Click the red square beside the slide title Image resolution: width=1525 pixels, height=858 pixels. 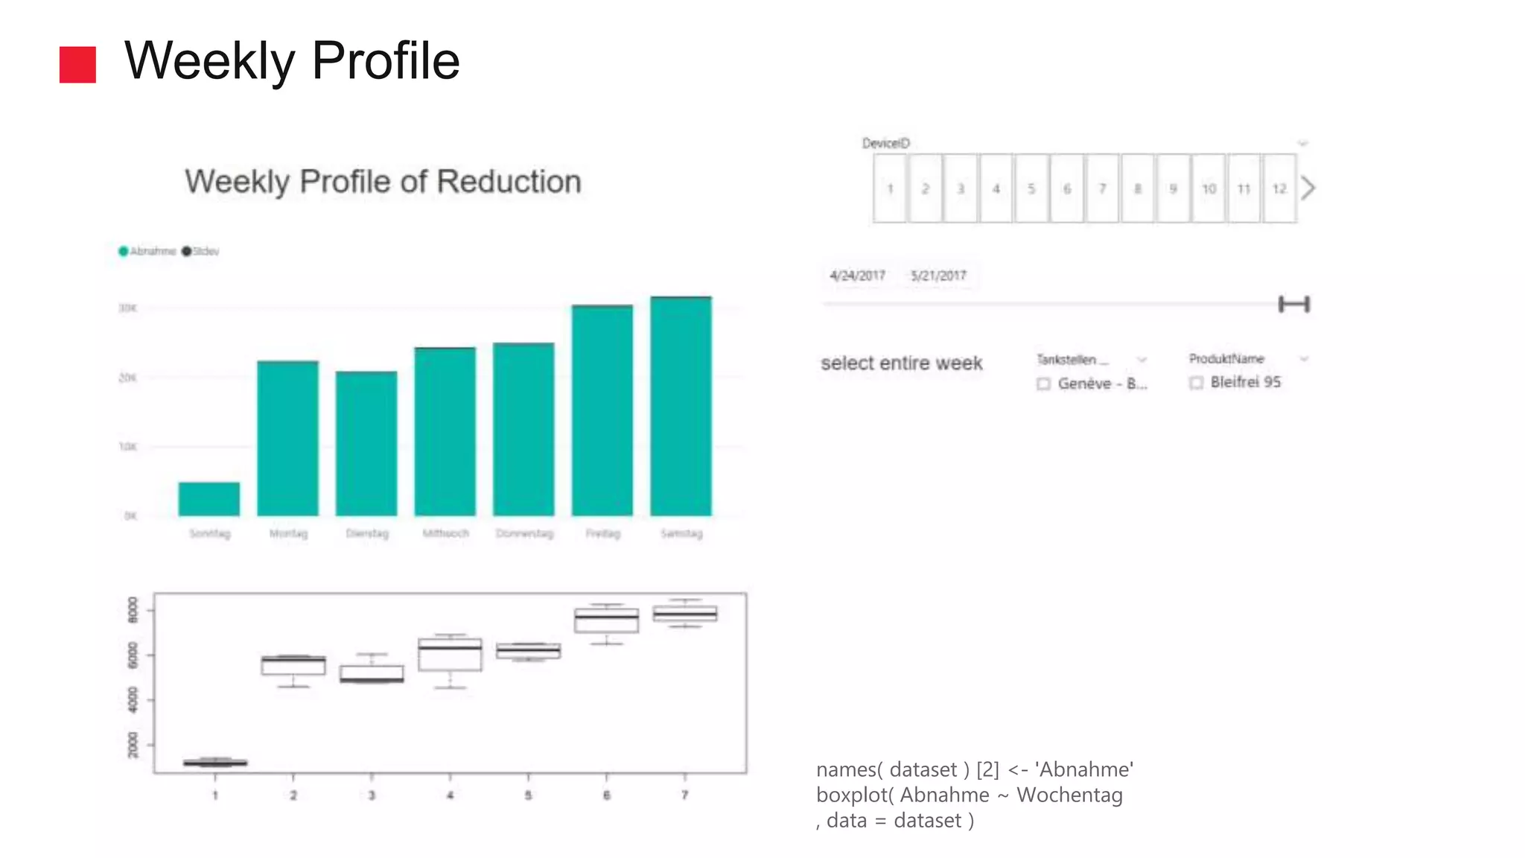pyautogui.click(x=77, y=65)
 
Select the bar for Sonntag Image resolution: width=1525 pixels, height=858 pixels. pyautogui.click(x=209, y=499)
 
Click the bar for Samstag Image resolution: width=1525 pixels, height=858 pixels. pyautogui.click(x=681, y=406)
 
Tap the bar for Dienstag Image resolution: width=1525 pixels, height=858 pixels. pyautogui.click(x=366, y=443)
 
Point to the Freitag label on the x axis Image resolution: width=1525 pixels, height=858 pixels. pyautogui.click(x=602, y=533)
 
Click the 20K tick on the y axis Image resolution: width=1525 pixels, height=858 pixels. pyautogui.click(x=127, y=378)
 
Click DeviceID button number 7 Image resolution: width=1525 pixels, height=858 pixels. pyautogui.click(x=1102, y=188)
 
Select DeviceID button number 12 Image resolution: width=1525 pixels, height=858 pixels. pyautogui.click(x=1279, y=188)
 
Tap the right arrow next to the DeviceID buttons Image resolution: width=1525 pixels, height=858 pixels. pyautogui.click(x=1308, y=188)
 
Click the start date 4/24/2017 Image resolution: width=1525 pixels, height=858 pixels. pyautogui.click(x=857, y=276)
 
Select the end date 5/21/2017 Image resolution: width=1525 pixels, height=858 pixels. pyautogui.click(x=938, y=276)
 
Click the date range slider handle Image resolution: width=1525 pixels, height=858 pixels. pyautogui.click(x=1294, y=304)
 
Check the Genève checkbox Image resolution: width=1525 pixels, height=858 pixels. pyautogui.click(x=1043, y=384)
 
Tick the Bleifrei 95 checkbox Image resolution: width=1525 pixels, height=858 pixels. pyautogui.click(x=1196, y=383)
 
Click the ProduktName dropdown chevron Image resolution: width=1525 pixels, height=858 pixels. pyautogui.click(x=1304, y=359)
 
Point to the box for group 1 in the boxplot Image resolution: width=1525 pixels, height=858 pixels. pyautogui.click(x=215, y=763)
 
